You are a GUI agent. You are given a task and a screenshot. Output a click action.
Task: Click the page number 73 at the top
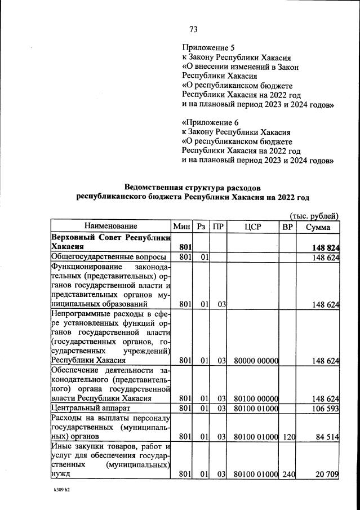(x=193, y=29)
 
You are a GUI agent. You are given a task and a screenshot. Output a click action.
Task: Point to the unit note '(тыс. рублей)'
(x=314, y=215)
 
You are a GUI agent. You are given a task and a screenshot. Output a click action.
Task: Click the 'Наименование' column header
(x=111, y=226)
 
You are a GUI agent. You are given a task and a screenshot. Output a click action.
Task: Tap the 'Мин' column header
(x=182, y=226)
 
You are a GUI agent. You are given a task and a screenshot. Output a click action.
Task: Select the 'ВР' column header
(x=287, y=226)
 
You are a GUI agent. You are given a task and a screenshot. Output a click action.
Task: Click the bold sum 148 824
(x=325, y=247)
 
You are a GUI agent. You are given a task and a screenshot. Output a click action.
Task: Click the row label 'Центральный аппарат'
(x=91, y=407)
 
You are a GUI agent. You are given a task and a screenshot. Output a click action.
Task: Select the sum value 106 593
(x=325, y=407)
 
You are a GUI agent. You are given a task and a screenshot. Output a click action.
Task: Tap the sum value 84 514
(x=326, y=436)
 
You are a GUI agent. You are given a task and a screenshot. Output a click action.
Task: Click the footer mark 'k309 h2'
(x=58, y=490)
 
